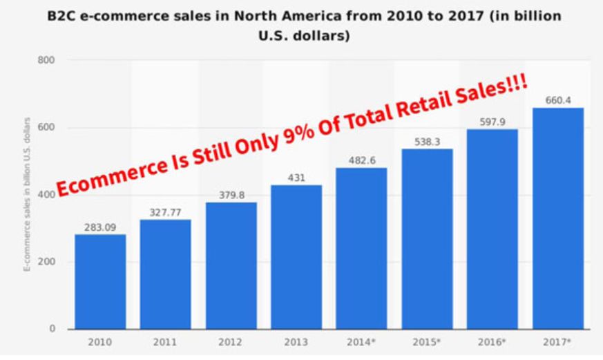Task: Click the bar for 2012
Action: tap(231, 265)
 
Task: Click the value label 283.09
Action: tap(100, 227)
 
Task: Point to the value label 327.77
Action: tap(165, 211)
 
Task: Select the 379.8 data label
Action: tap(231, 194)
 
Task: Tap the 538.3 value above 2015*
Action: tap(427, 141)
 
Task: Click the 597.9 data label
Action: tap(492, 122)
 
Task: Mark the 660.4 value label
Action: tap(558, 100)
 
